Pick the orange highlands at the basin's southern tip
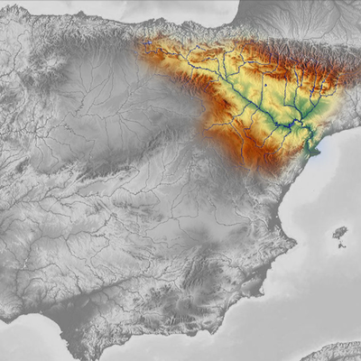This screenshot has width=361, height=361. [262, 161]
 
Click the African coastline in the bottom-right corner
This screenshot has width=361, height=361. [338, 352]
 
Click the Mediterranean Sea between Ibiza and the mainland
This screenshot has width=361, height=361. [316, 230]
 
